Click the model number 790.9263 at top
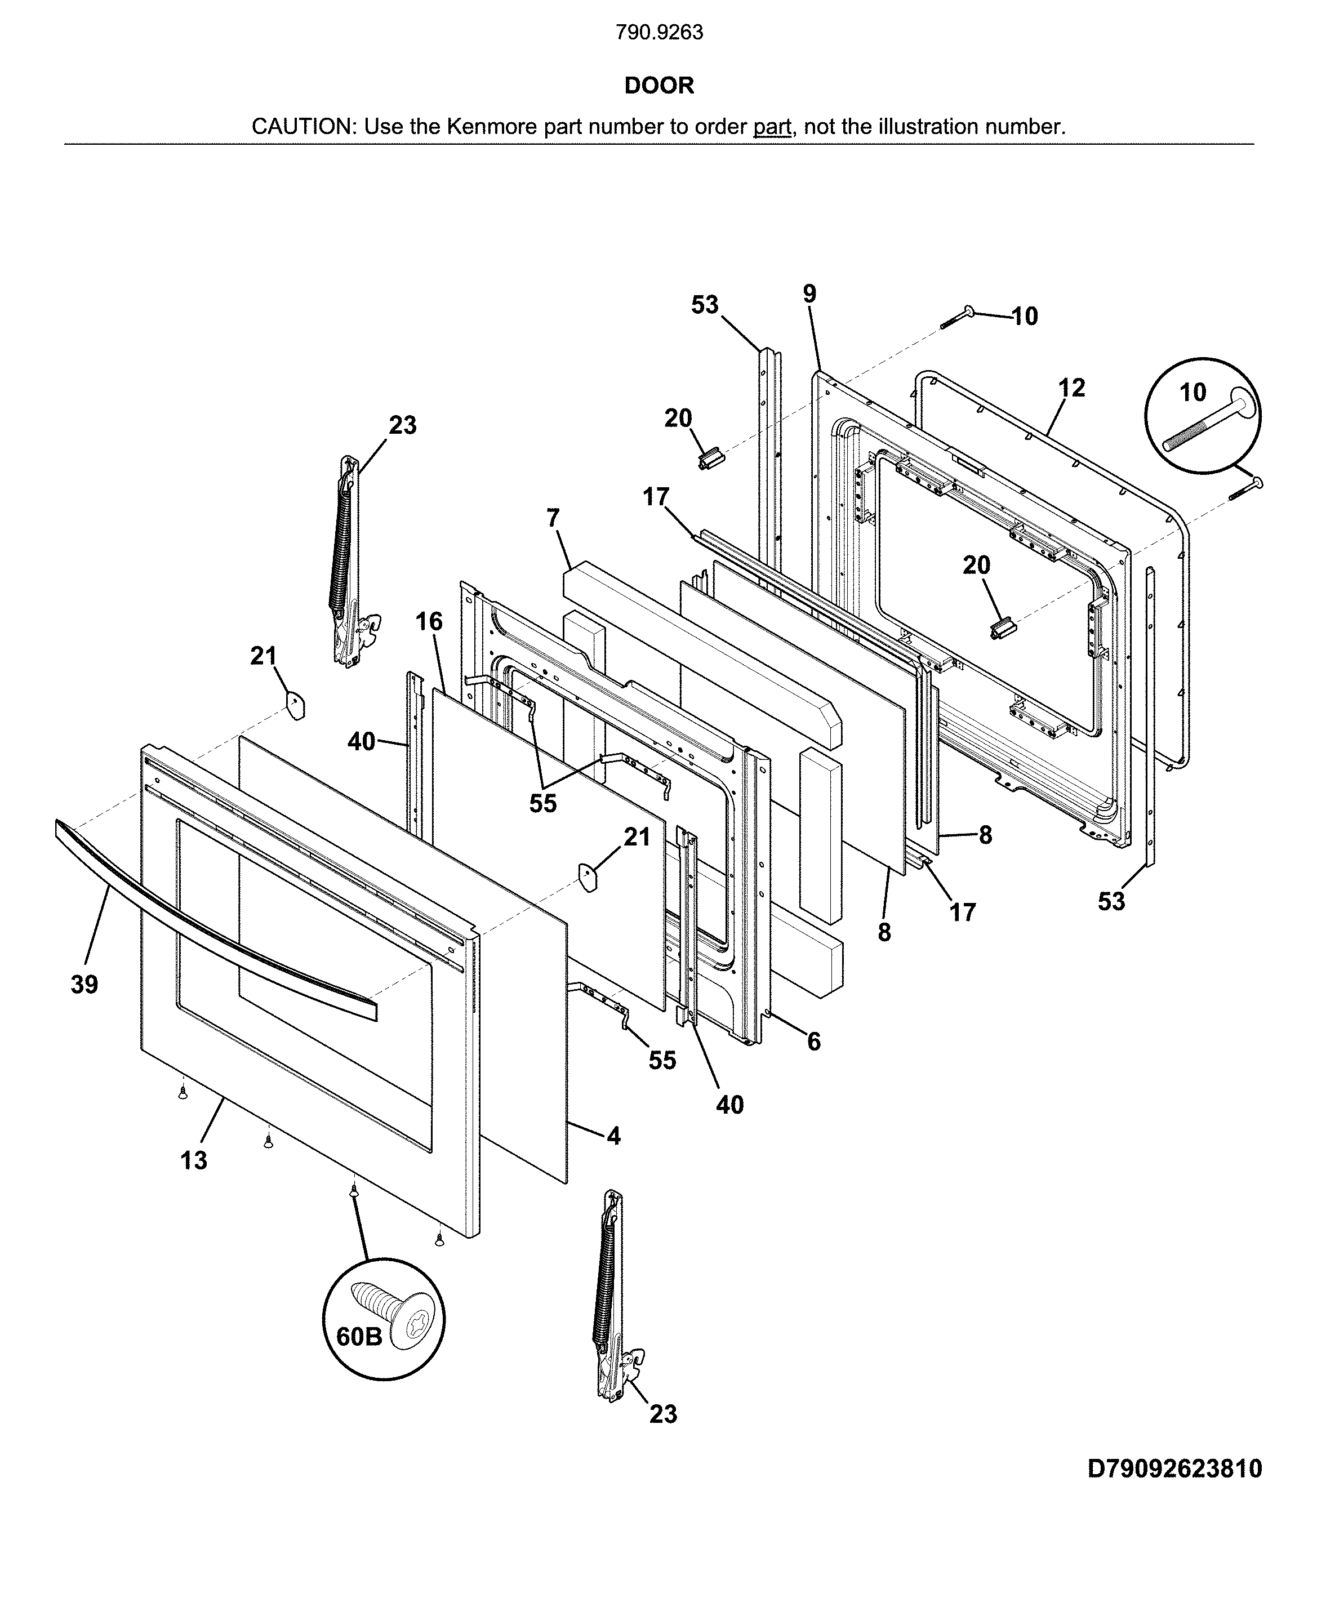(658, 33)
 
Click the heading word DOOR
(658, 86)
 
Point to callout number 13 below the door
(193, 1160)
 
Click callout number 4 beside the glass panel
(613, 1136)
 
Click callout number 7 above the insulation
(553, 518)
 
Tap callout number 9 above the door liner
(809, 293)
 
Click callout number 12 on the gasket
(1071, 388)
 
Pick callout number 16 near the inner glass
(429, 621)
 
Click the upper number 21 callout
(264, 656)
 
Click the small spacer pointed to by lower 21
(586, 876)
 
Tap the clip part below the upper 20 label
(710, 460)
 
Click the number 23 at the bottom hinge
(663, 1414)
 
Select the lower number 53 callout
(1111, 901)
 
